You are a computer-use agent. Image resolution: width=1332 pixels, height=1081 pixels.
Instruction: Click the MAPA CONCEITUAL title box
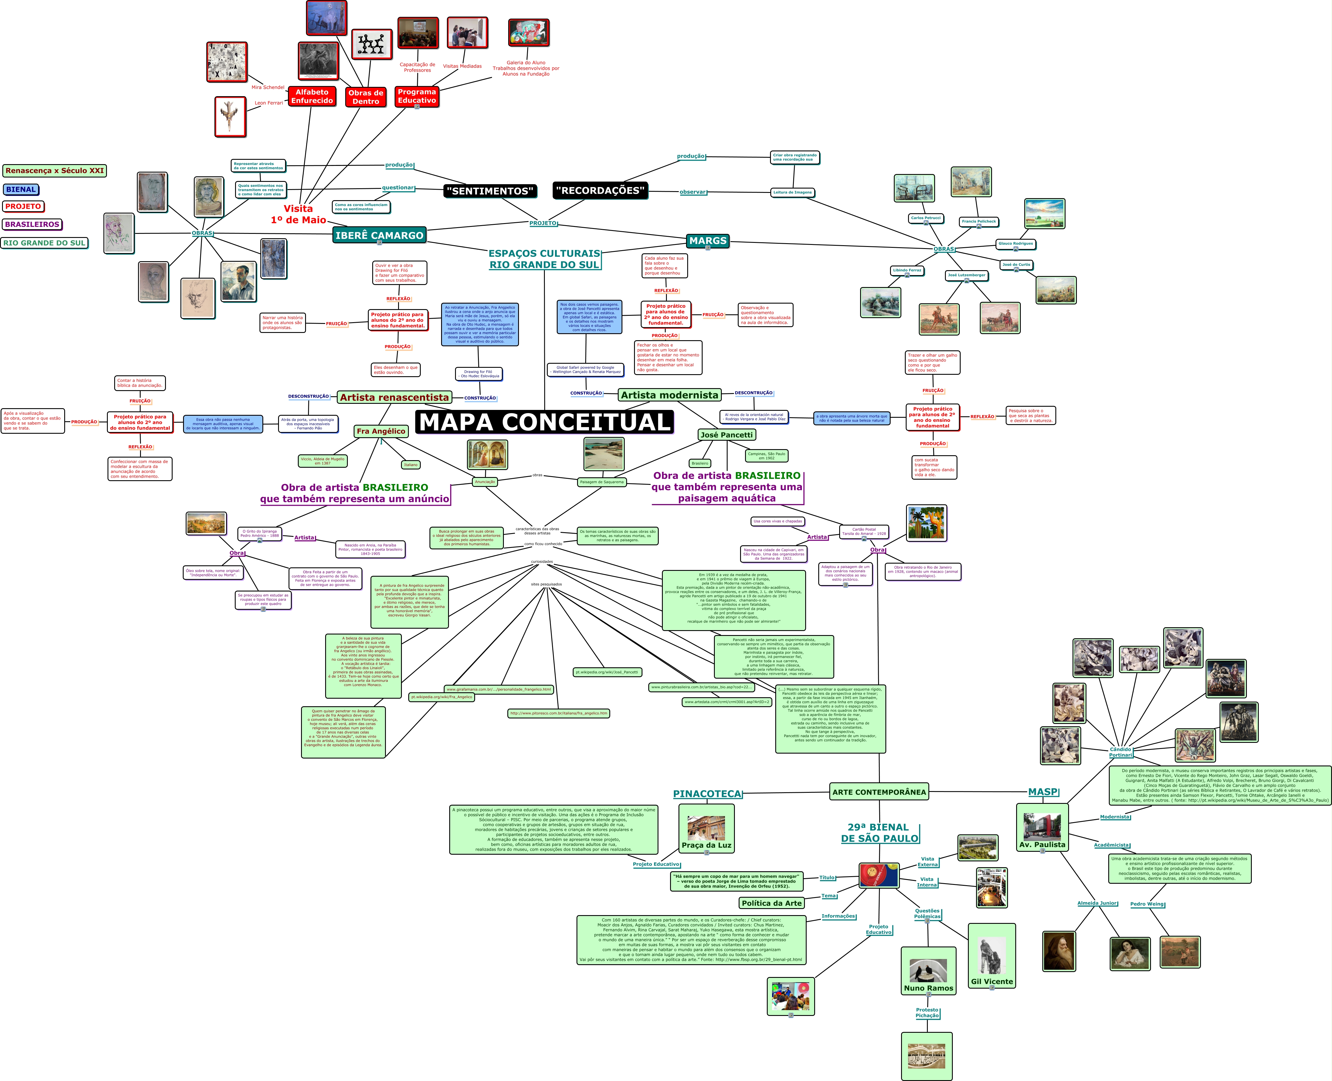pos(544,422)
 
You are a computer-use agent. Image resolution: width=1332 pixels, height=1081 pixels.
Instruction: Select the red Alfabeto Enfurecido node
pos(312,96)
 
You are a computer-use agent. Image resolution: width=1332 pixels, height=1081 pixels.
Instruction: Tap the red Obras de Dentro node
pos(366,97)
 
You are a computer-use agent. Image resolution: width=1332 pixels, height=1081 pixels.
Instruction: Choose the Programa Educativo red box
pos(417,96)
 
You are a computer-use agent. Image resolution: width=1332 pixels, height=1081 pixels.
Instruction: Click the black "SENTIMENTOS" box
pos(490,191)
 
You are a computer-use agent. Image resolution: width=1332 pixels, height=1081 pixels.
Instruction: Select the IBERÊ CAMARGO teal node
pos(379,235)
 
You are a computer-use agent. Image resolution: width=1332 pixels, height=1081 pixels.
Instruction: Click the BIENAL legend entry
pos(21,189)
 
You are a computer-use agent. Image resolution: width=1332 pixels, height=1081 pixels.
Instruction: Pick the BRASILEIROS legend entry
pos(32,224)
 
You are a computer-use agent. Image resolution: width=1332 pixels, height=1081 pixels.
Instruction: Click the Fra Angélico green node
pos(380,431)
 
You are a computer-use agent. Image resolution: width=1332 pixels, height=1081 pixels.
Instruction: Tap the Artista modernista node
pos(669,395)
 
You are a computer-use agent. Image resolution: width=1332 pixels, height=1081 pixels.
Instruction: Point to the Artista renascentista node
pos(394,397)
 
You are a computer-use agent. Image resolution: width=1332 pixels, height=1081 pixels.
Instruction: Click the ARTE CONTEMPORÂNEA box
pos(879,792)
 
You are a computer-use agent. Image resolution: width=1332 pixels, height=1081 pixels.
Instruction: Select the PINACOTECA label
pos(708,794)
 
